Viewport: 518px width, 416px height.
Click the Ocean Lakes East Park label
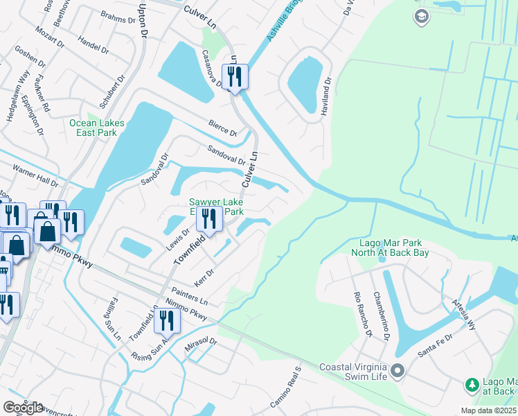click(x=97, y=128)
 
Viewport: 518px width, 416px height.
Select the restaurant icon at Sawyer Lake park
click(x=208, y=218)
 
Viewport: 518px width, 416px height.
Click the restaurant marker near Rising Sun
click(x=167, y=321)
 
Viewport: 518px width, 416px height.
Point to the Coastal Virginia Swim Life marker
click(x=397, y=372)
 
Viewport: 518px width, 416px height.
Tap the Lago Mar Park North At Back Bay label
click(x=394, y=248)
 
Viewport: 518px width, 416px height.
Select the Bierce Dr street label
click(x=223, y=128)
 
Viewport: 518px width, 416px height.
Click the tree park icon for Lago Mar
click(x=472, y=384)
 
